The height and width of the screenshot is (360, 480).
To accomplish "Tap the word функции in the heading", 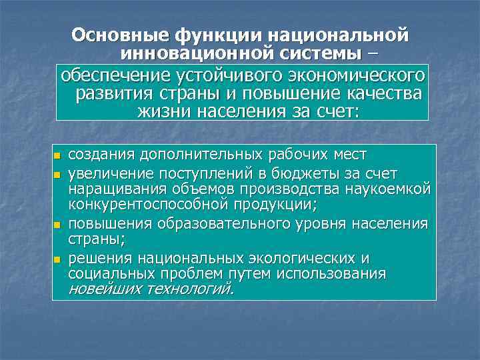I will [207, 35].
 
